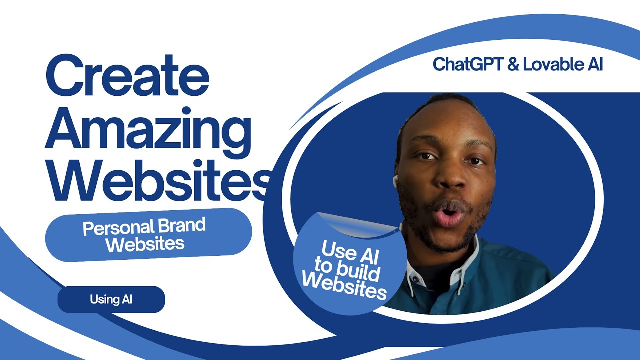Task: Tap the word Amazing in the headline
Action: click(x=148, y=131)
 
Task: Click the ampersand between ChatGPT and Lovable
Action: click(x=513, y=64)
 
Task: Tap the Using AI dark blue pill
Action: click(x=111, y=299)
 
